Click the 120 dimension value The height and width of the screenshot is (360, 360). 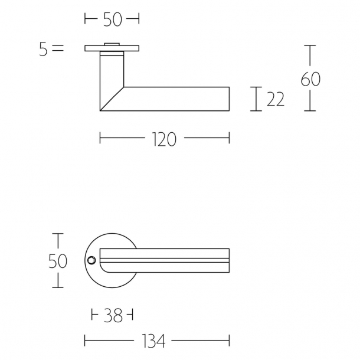coord(163,139)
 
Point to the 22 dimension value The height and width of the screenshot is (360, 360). coord(275,99)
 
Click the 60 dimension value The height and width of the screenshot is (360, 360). coord(310,78)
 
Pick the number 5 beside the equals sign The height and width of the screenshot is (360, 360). coord(43,50)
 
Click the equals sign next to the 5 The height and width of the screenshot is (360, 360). coord(57,50)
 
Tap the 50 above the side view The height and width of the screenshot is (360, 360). coord(112,19)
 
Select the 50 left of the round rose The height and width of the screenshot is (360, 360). coord(58,261)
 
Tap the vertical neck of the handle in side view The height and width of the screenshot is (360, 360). coord(111,71)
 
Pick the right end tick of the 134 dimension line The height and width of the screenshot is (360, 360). coord(229,341)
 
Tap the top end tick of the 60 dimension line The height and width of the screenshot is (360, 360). coord(310,45)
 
